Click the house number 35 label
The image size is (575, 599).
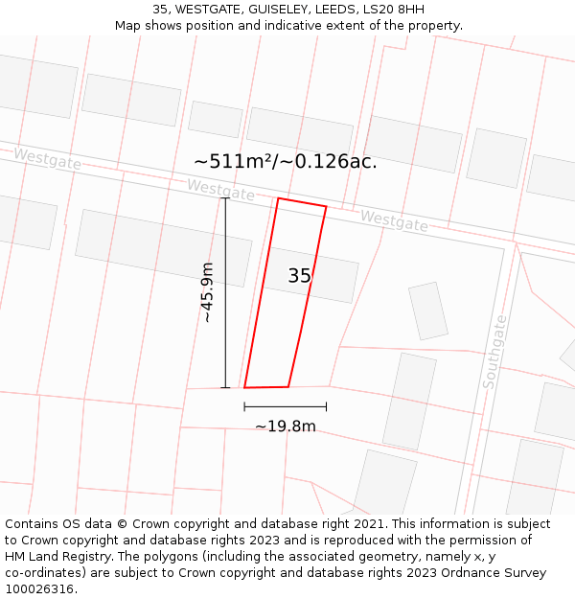click(x=299, y=276)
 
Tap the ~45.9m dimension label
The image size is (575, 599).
click(x=207, y=292)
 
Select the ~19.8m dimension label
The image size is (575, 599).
click(x=285, y=426)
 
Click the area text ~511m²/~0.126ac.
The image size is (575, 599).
click(x=286, y=162)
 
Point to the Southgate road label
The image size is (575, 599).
click(x=495, y=352)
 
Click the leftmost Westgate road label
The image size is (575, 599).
click(x=47, y=159)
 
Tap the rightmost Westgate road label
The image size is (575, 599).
click(x=394, y=221)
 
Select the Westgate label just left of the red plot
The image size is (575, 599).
click(x=220, y=190)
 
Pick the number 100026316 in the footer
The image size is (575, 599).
click(x=39, y=589)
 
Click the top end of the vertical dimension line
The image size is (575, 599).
click(x=226, y=198)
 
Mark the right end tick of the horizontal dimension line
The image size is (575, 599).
click(x=326, y=406)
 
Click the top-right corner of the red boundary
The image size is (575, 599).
click(x=326, y=206)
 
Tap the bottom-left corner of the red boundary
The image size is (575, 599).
click(x=244, y=387)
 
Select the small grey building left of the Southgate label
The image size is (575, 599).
click(x=428, y=311)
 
